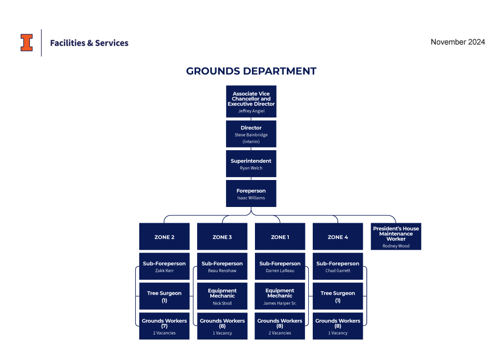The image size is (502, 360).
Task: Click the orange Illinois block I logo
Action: click(26, 43)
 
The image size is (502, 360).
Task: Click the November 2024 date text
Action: click(457, 42)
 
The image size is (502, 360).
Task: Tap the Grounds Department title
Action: click(251, 71)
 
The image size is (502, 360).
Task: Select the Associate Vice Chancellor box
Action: click(251, 101)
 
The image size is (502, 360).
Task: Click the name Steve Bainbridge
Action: click(251, 135)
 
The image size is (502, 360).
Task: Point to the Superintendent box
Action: click(251, 164)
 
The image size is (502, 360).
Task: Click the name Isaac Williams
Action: click(251, 198)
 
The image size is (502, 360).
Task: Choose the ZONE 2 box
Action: click(164, 236)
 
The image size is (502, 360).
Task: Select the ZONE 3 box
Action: click(222, 236)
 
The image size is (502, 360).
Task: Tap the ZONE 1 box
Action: click(280, 236)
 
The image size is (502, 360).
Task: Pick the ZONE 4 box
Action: click(338, 236)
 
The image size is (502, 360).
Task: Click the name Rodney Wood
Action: click(396, 246)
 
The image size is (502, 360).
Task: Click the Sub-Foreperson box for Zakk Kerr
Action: click(164, 266)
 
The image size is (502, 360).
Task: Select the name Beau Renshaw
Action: click(222, 271)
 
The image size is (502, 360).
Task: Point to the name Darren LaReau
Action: click(280, 271)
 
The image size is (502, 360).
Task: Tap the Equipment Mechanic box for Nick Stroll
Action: click(222, 296)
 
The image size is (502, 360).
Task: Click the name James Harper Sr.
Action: click(280, 303)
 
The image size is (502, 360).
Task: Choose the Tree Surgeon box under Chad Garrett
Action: click(338, 296)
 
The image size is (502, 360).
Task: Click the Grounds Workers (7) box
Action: click(164, 326)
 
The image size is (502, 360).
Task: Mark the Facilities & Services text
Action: click(89, 43)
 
